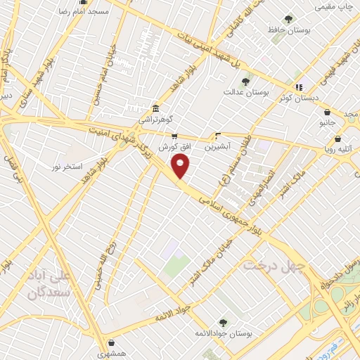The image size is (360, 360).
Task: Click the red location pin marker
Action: [x=181, y=167]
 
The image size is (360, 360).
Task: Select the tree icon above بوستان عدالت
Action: [x=245, y=82]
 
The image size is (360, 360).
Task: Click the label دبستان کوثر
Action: [x=294, y=98]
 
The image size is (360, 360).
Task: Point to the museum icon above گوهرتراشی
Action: [x=155, y=110]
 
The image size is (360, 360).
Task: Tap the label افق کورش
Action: [x=172, y=148]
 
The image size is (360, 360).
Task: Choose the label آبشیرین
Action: [x=217, y=148]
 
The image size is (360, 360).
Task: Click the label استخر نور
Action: [x=63, y=167]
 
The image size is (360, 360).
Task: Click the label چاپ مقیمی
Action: [x=334, y=6]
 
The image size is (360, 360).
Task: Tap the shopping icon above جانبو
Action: [x=328, y=112]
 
